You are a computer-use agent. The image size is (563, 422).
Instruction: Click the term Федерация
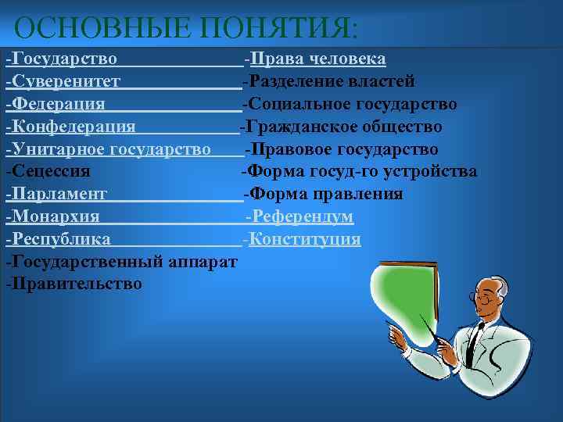click(59, 105)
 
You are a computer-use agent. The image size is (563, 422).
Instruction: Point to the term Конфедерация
click(74, 127)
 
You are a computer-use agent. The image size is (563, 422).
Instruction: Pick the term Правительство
click(77, 284)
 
